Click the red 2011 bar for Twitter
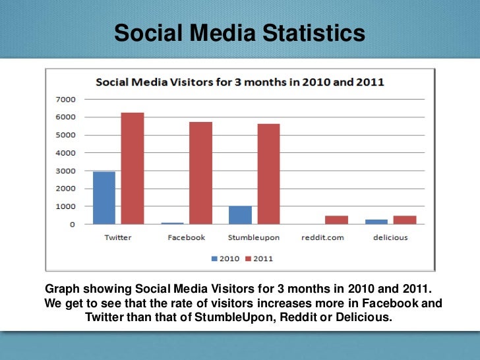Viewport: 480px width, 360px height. pyautogui.click(x=133, y=169)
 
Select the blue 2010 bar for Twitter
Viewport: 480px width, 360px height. pyautogui.click(x=104, y=198)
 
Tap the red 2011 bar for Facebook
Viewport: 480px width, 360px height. pyautogui.click(x=201, y=173)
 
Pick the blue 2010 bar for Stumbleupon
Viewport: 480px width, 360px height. pyautogui.click(x=241, y=215)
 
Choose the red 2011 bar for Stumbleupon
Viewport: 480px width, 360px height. pyautogui.click(x=268, y=174)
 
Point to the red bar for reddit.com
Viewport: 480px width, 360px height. pyautogui.click(x=337, y=220)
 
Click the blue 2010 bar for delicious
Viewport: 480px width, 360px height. pyautogui.click(x=376, y=222)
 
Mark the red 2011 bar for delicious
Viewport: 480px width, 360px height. pyautogui.click(x=404, y=220)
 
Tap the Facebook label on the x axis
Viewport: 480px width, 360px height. pyautogui.click(x=187, y=237)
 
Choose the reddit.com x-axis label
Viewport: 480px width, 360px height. pyautogui.click(x=322, y=237)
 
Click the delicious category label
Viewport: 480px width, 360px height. pyautogui.click(x=391, y=237)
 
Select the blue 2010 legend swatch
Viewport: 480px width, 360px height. pyautogui.click(x=214, y=258)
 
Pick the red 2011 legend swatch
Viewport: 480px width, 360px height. pyautogui.click(x=248, y=258)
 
